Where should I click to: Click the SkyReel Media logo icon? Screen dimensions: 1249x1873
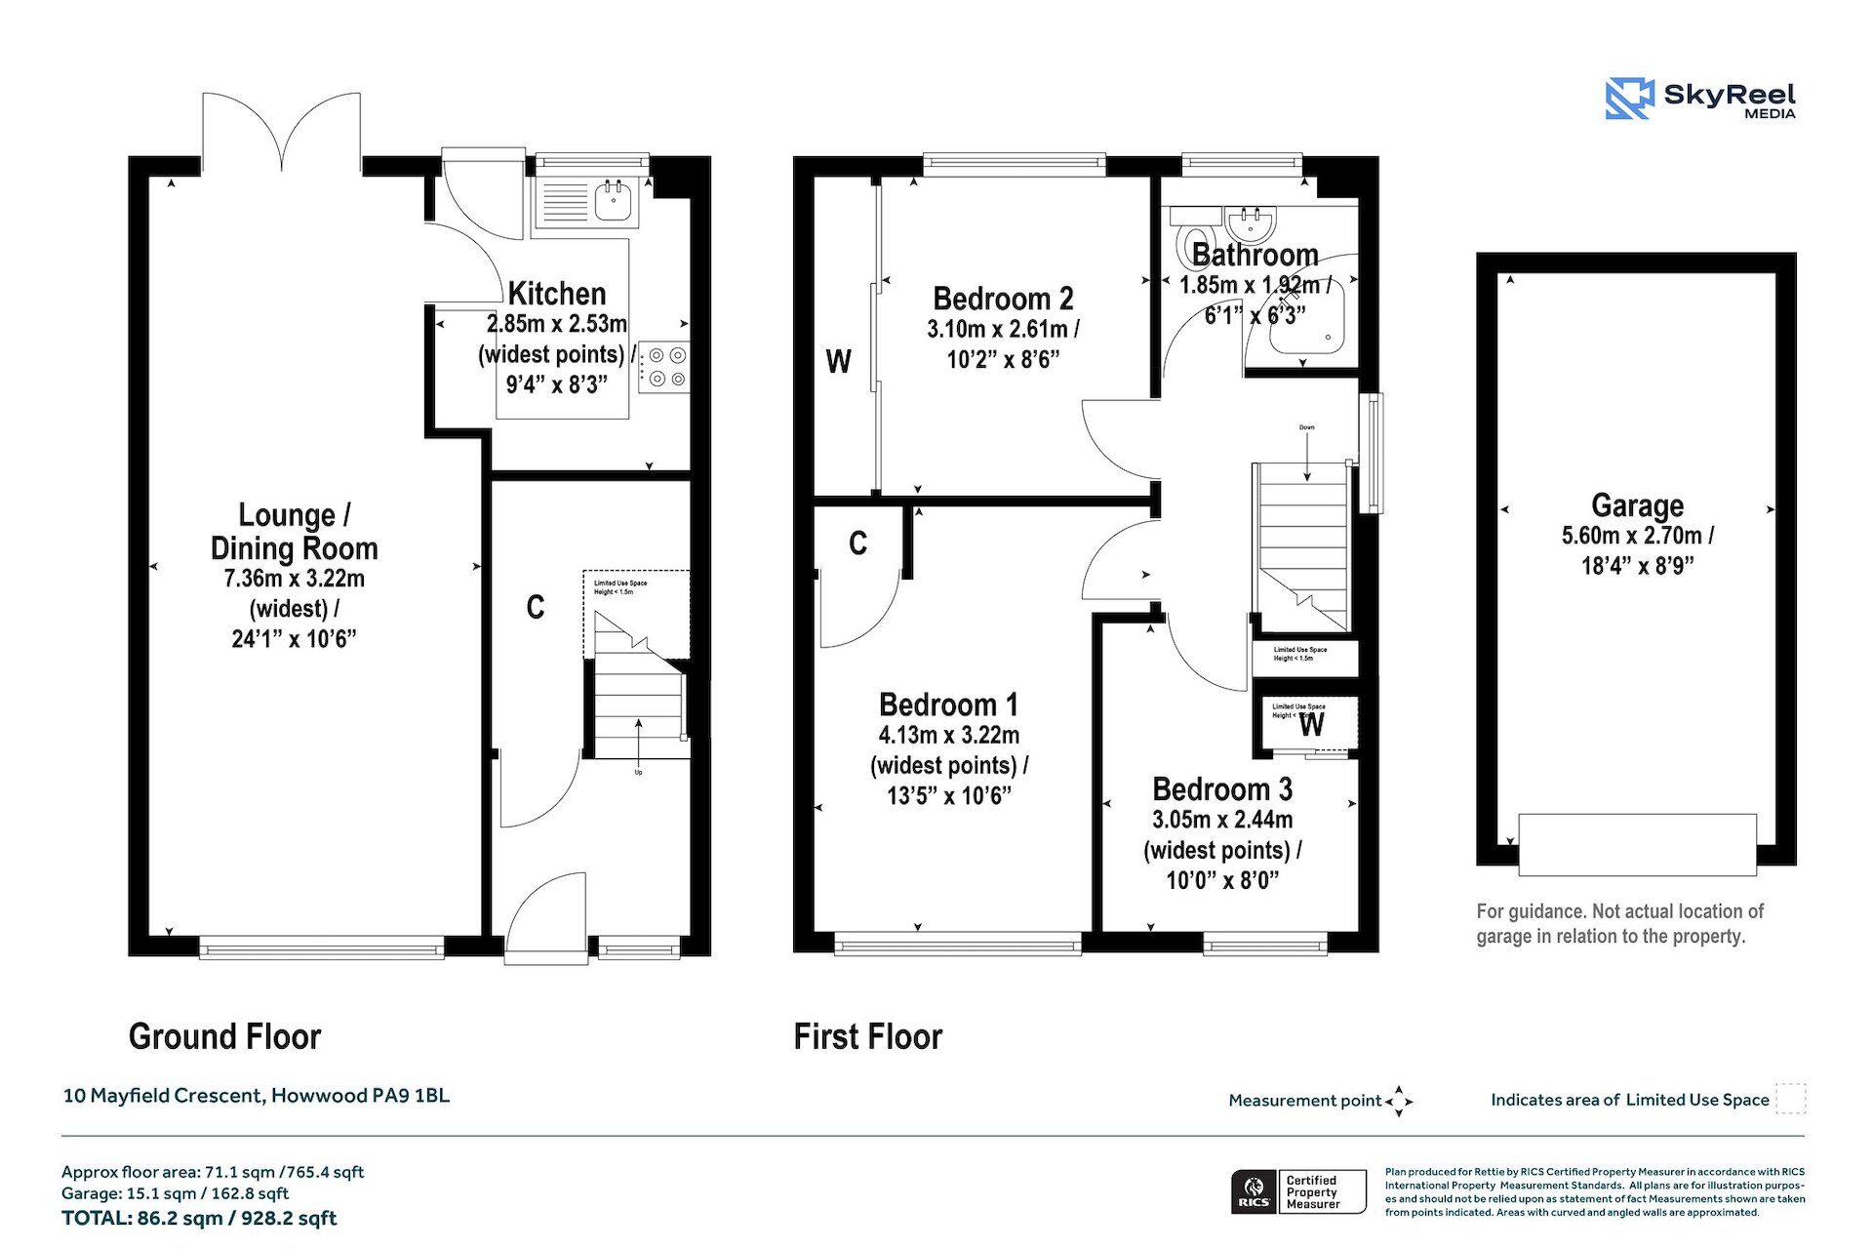(x=1629, y=99)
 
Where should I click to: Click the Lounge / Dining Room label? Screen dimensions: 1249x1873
(x=294, y=532)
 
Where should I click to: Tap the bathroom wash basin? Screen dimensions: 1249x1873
(x=1250, y=224)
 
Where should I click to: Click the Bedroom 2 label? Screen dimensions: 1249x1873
(x=1003, y=299)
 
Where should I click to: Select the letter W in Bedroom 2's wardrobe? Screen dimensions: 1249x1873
(x=838, y=362)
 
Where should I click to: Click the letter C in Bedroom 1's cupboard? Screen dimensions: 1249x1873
(x=857, y=544)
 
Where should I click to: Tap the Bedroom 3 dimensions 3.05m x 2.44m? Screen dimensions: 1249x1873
(x=1222, y=820)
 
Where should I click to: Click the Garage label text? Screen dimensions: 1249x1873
(x=1637, y=505)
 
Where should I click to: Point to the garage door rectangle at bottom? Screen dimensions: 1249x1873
(x=1637, y=843)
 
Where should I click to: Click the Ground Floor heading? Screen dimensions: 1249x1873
(x=224, y=1036)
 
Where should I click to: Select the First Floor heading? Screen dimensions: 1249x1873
(x=867, y=1036)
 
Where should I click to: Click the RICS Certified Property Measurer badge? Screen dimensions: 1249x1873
(x=1297, y=1191)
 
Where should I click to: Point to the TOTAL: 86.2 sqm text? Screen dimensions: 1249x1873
(x=199, y=1219)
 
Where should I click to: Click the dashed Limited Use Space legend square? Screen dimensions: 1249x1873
(x=1790, y=1099)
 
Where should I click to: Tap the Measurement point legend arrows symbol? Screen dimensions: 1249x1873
(x=1399, y=1101)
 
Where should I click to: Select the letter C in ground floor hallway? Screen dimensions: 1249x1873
(x=535, y=607)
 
